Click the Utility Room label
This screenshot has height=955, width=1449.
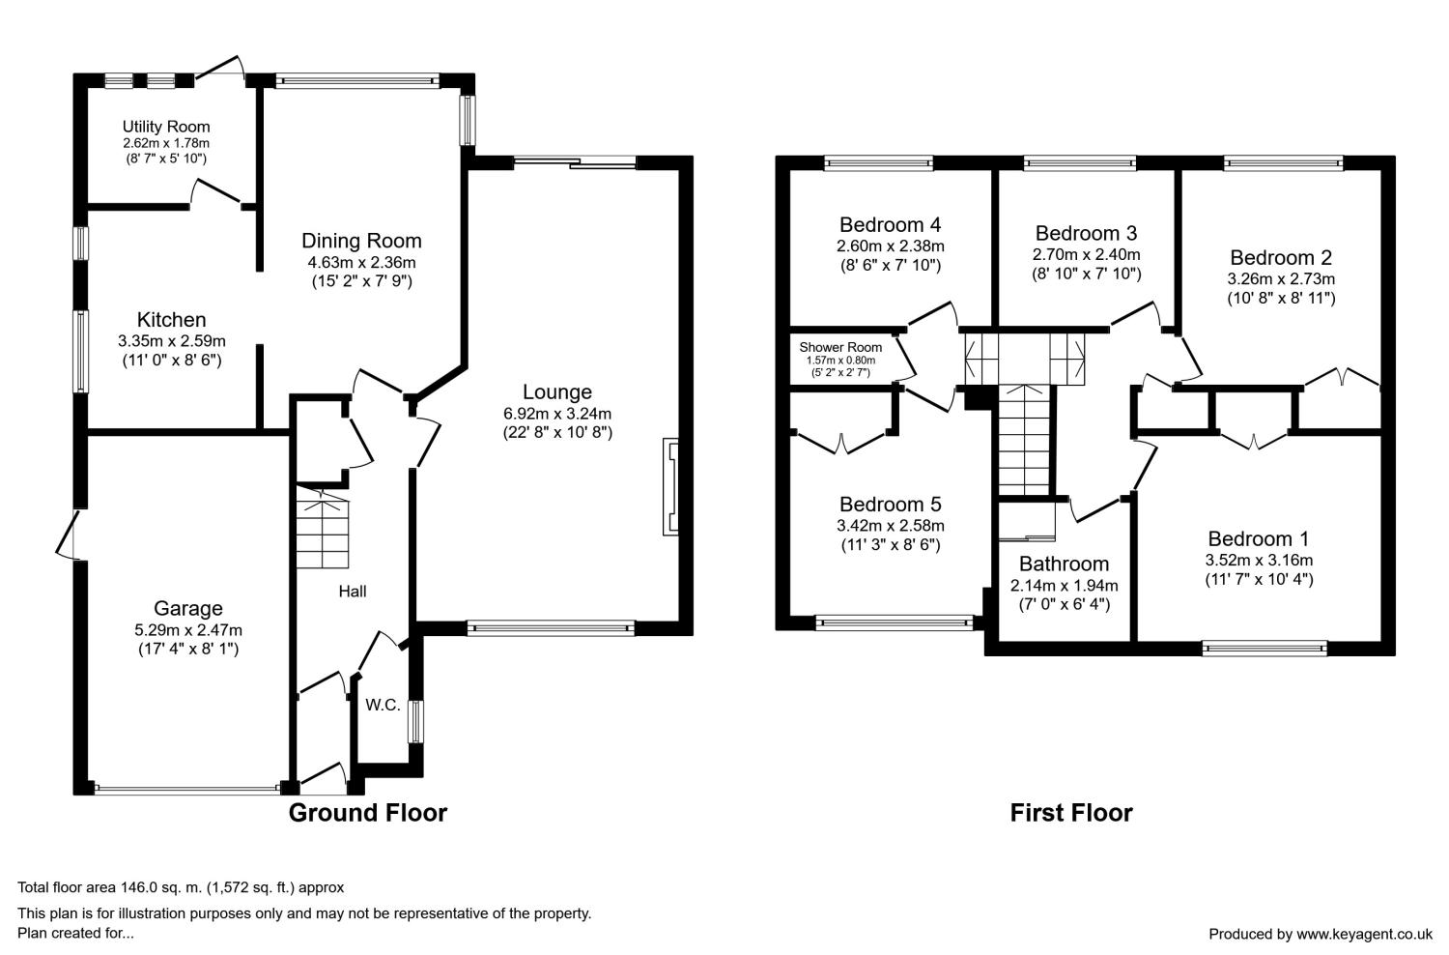[166, 127]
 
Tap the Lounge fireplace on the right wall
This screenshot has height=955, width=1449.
[670, 487]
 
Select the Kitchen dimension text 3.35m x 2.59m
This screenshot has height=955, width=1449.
[172, 340]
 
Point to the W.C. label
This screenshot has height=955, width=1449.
[383, 705]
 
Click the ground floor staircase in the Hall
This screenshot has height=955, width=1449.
[323, 527]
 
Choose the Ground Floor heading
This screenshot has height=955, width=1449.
[367, 813]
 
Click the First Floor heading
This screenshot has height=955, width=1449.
[1071, 813]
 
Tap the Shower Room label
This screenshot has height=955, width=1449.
[840, 347]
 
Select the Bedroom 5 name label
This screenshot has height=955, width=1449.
[890, 504]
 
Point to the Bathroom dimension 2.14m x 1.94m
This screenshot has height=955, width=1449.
[1065, 586]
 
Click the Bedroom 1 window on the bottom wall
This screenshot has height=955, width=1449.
[1264, 649]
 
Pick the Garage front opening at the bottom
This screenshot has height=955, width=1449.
[187, 790]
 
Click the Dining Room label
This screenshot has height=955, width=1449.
[361, 241]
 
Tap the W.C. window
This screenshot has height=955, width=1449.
[415, 721]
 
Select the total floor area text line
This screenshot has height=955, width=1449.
[181, 887]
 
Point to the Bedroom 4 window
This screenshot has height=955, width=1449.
[878, 162]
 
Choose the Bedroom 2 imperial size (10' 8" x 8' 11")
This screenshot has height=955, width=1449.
[1282, 299]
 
